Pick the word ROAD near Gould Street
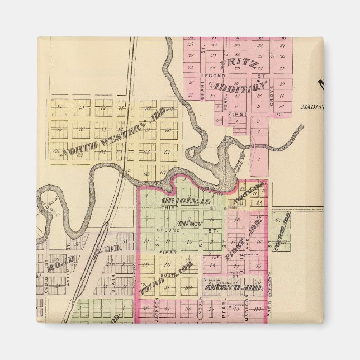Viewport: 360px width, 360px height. (58, 267)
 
